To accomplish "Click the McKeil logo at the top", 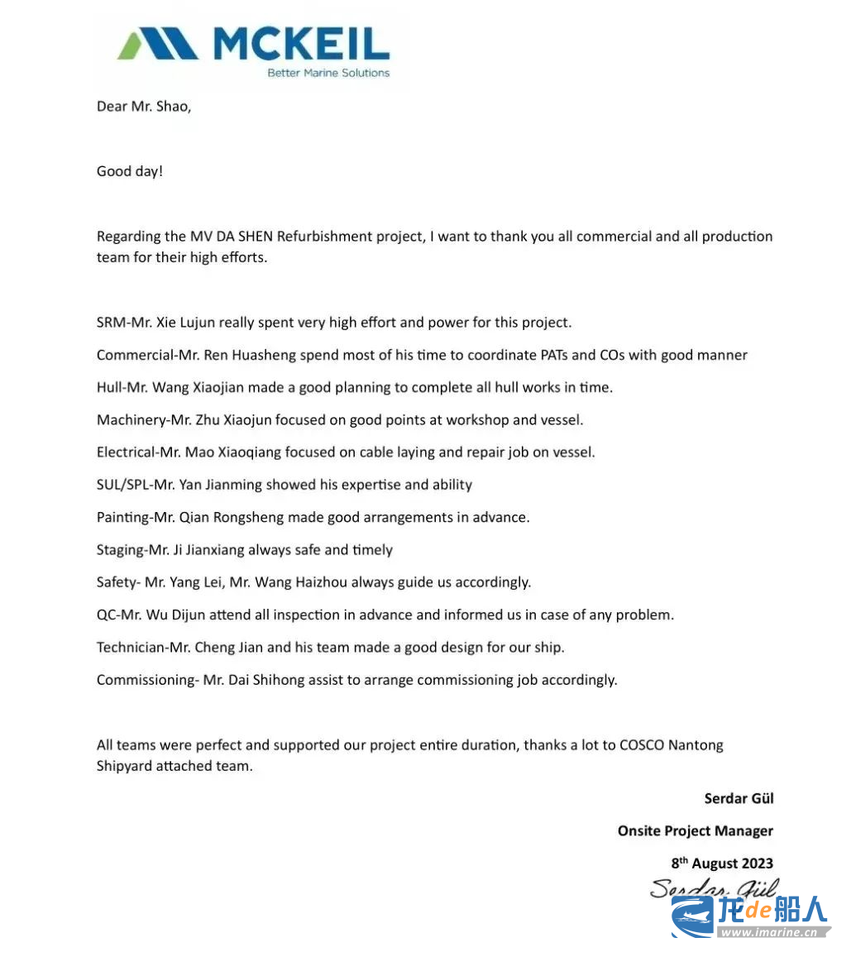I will point(252,45).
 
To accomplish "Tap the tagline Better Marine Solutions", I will point(327,73).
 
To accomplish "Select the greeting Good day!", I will point(130,171).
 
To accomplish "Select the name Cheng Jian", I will point(227,647).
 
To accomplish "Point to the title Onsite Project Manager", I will point(695,830).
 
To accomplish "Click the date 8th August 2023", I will point(721,864).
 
